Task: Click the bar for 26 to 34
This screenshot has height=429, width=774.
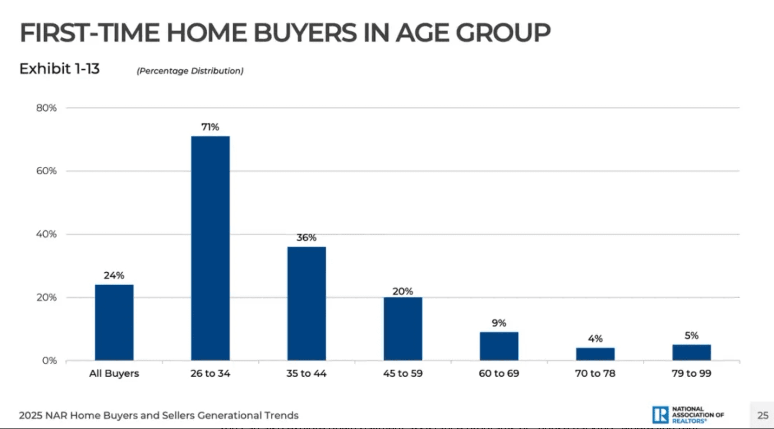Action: pyautogui.click(x=210, y=248)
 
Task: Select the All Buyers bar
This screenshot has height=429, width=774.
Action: pyautogui.click(x=114, y=322)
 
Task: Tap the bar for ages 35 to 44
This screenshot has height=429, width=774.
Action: pyautogui.click(x=307, y=303)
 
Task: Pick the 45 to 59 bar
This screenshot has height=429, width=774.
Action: pyautogui.click(x=402, y=328)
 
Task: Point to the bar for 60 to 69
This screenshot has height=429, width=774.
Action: pyautogui.click(x=499, y=346)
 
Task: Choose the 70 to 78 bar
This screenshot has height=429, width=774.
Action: pyautogui.click(x=595, y=354)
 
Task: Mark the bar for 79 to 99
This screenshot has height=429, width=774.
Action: pyautogui.click(x=691, y=352)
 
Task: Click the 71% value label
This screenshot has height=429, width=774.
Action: pyautogui.click(x=210, y=127)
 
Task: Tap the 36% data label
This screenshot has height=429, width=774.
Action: pyautogui.click(x=307, y=237)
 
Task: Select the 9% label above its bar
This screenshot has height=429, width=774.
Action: pyautogui.click(x=499, y=323)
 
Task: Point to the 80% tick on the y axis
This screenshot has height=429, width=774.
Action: pyautogui.click(x=46, y=108)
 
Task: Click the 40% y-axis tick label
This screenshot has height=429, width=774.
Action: pyautogui.click(x=46, y=234)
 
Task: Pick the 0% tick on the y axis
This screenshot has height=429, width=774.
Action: pyautogui.click(x=49, y=360)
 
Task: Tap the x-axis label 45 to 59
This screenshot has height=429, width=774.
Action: pyautogui.click(x=402, y=373)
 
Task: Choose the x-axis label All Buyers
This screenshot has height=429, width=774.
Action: pyautogui.click(x=114, y=373)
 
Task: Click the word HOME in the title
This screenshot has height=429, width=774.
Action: pyautogui.click(x=207, y=33)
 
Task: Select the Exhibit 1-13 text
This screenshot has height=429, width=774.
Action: pyautogui.click(x=59, y=68)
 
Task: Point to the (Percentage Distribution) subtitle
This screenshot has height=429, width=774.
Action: pyautogui.click(x=190, y=71)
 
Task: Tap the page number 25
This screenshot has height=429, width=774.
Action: pyautogui.click(x=763, y=415)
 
